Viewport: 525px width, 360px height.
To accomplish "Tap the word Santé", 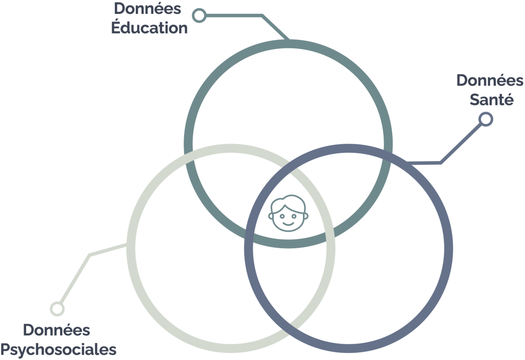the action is [492, 99].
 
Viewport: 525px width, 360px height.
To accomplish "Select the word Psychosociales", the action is [58, 349].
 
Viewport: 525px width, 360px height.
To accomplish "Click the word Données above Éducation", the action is [147, 8].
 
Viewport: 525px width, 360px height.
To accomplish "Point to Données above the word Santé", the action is [490, 81].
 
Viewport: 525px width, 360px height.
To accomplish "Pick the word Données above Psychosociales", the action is [56, 330].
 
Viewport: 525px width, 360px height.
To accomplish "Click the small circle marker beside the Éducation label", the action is [199, 15].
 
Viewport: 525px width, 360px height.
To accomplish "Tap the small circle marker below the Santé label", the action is [486, 119].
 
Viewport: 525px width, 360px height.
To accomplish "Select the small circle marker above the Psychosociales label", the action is [57, 309].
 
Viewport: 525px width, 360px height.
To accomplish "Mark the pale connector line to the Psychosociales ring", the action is [89, 255].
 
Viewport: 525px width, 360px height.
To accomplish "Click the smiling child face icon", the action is [288, 213].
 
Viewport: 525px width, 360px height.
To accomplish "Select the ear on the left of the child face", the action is [271, 216].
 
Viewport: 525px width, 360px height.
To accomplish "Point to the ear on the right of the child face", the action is [306, 216].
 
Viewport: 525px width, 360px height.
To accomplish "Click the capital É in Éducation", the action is [116, 27].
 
